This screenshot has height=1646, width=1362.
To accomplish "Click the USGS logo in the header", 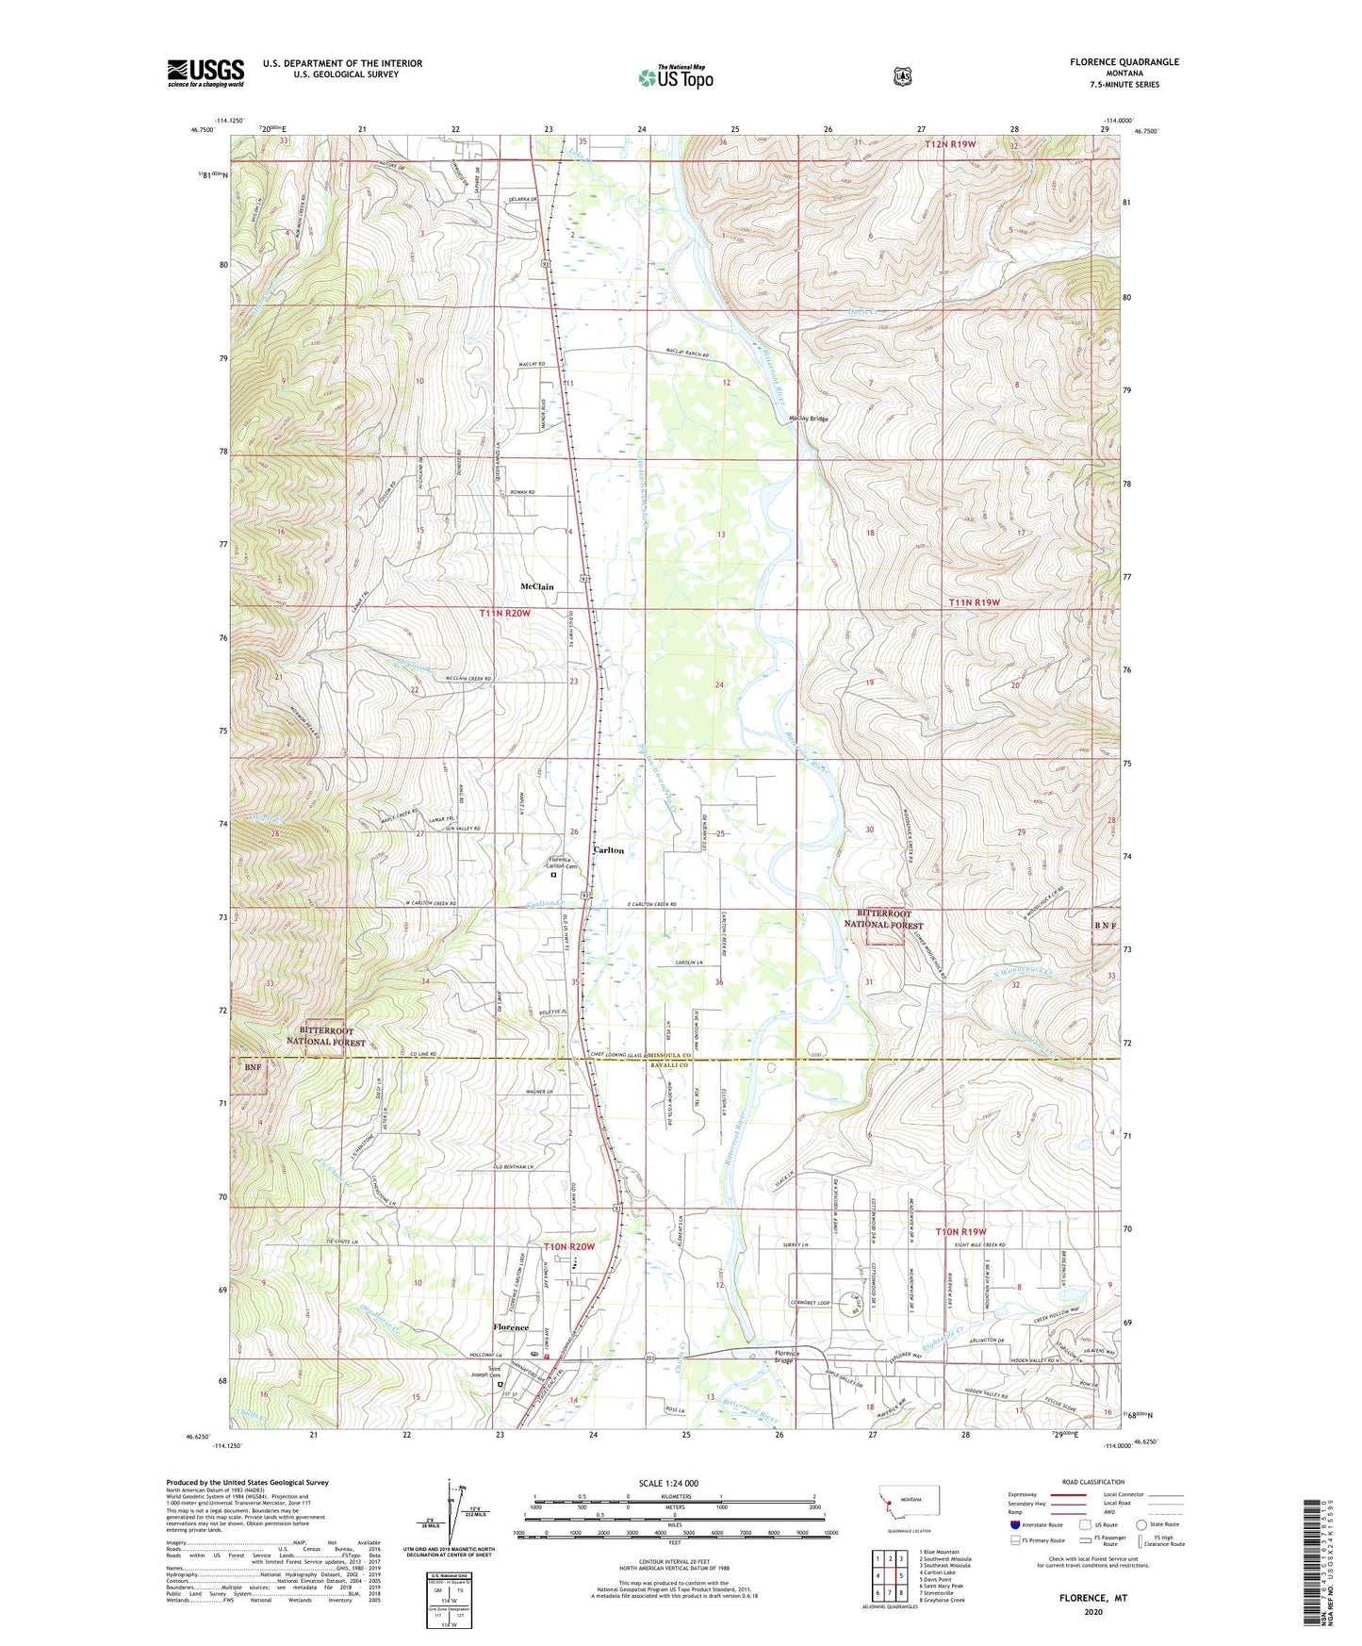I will [205, 73].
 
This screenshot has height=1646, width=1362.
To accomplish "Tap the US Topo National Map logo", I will [675, 77].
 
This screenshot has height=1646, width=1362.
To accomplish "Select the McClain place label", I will [537, 586].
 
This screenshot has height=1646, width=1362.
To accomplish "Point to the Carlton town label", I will [608, 850].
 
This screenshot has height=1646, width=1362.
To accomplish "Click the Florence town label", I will [512, 1327].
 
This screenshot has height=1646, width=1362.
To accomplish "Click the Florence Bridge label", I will [786, 1358].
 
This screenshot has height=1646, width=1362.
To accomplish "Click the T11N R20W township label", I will [505, 613].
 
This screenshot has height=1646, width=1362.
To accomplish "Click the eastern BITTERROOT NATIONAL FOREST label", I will [887, 919].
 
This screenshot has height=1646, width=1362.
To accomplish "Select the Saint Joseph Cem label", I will [500, 1373].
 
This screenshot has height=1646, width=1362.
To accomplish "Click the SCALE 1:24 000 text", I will [668, 1483].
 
